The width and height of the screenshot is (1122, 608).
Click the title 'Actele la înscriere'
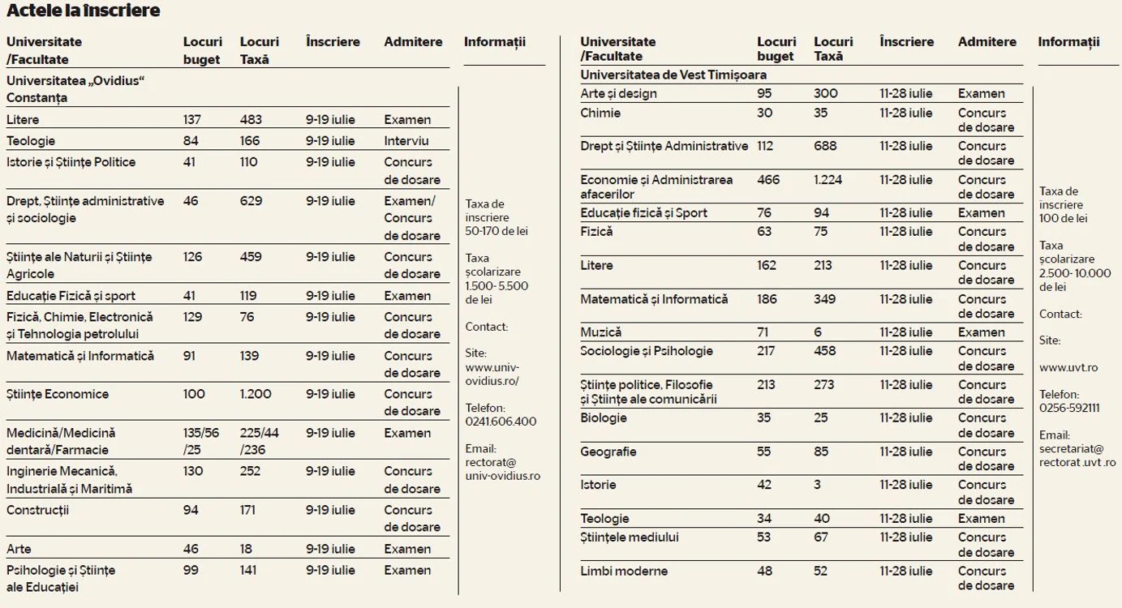pos(83,11)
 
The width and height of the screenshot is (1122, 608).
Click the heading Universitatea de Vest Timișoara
pos(673,75)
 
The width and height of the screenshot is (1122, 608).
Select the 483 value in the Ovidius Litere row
pos(251,120)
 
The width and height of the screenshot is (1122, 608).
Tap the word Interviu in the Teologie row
pos(406,140)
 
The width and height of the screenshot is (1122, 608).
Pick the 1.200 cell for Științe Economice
pos(255,394)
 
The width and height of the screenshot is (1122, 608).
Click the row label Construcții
pos(37,510)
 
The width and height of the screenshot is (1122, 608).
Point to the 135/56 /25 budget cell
pos(201,441)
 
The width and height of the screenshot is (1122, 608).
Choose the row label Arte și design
pos(618,93)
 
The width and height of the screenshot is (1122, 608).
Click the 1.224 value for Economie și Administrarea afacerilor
pos(828,180)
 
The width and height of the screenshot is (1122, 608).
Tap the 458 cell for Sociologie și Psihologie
pos(824,351)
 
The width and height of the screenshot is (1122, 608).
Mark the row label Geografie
pos(608,452)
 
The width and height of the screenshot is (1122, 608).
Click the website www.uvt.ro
pos(1068,368)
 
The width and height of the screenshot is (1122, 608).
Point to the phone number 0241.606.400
pos(501,422)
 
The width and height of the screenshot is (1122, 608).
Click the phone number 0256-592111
pos(1069,408)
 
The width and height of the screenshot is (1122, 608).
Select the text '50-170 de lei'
pos(497,231)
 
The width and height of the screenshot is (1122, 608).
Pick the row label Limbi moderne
pos(624,571)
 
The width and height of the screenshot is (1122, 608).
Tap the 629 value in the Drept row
pos(251,201)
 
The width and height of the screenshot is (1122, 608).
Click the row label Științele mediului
pos(629,537)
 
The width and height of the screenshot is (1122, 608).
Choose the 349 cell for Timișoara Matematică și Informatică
pos(824,299)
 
